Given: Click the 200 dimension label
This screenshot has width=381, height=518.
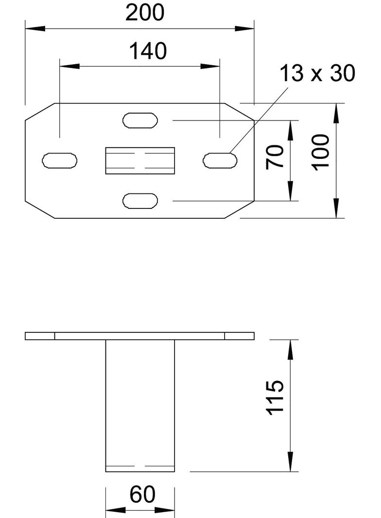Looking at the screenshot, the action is [144, 13].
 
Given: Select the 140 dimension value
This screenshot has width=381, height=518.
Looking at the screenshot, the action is [148, 51].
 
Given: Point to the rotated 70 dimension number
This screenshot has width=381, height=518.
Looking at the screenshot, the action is [275, 156].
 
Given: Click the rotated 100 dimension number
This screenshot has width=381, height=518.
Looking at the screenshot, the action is [321, 153].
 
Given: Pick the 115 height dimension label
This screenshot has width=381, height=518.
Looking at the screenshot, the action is [275, 397].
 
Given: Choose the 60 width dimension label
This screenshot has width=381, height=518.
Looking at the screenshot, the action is [142, 495].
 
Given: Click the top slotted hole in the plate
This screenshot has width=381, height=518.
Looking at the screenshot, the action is [140, 120].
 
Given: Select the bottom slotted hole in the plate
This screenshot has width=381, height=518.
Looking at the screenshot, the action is [140, 201].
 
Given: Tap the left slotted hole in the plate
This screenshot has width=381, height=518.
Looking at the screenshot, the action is [59, 160].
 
